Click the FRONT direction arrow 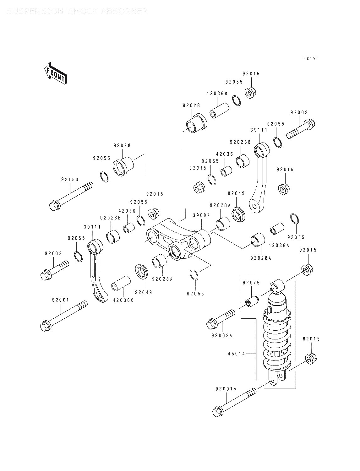point(56,73)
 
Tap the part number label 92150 point(69,180)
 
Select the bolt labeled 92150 point(71,196)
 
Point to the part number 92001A point(226,389)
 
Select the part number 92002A point(222,335)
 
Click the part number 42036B point(217,94)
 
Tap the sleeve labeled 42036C point(121,283)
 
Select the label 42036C point(123,300)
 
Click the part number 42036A point(278,246)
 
